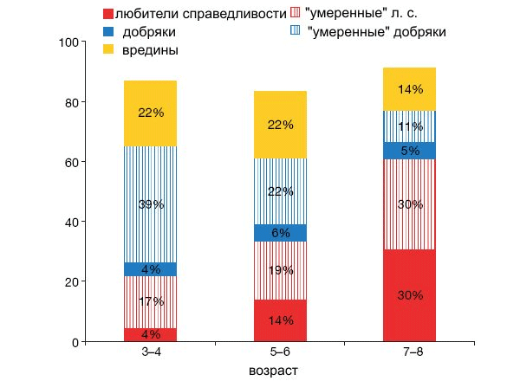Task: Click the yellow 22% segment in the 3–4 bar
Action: click(x=150, y=113)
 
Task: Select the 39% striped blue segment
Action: click(x=150, y=204)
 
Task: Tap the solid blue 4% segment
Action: click(x=150, y=269)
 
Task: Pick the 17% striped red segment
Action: click(x=150, y=302)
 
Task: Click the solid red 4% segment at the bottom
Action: click(x=150, y=335)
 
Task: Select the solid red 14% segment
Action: click(x=281, y=320)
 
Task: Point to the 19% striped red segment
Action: click(x=281, y=270)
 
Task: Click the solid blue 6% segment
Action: click(x=281, y=232)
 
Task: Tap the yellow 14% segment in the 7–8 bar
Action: click(x=411, y=89)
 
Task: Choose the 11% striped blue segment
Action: click(x=411, y=126)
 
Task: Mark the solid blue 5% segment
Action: click(x=411, y=151)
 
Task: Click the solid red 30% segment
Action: click(x=411, y=295)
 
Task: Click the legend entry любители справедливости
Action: click(x=195, y=14)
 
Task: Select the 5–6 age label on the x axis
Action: click(x=281, y=353)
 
